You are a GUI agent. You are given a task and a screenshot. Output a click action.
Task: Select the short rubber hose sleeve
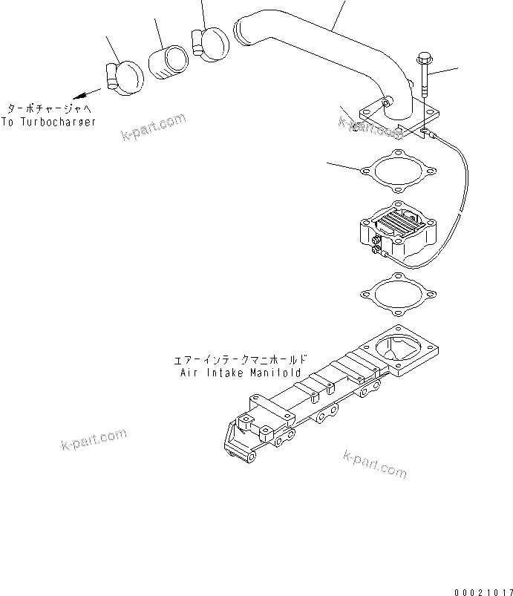(168, 62)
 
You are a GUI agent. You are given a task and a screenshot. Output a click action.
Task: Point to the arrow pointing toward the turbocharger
(86, 93)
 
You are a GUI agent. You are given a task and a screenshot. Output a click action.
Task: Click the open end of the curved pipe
(242, 31)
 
